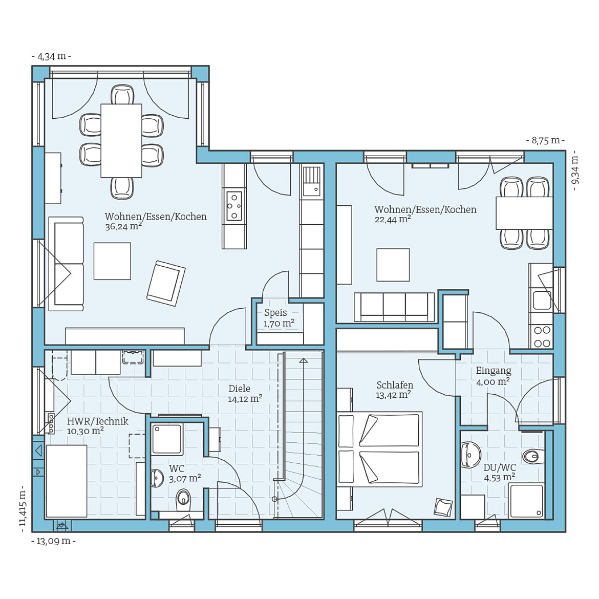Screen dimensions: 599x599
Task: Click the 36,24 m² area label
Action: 123,226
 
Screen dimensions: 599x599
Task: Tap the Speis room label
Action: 275,313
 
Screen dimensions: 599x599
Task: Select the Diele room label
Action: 240,389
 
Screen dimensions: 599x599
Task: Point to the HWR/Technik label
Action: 98,421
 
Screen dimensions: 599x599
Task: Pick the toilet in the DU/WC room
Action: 531,456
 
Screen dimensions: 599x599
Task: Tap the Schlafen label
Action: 395,385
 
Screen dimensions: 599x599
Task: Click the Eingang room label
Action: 494,371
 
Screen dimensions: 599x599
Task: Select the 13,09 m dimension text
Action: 53,541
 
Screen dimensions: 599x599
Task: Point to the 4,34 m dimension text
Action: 51,56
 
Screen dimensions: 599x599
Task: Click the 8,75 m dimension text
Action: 546,141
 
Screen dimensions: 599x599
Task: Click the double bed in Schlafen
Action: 380,449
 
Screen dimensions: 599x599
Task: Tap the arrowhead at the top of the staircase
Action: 304,360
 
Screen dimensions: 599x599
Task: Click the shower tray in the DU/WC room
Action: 526,500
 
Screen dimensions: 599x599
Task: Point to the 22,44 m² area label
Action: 393,220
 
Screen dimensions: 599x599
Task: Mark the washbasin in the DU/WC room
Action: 469,455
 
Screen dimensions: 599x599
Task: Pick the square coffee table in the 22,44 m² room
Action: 393,265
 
